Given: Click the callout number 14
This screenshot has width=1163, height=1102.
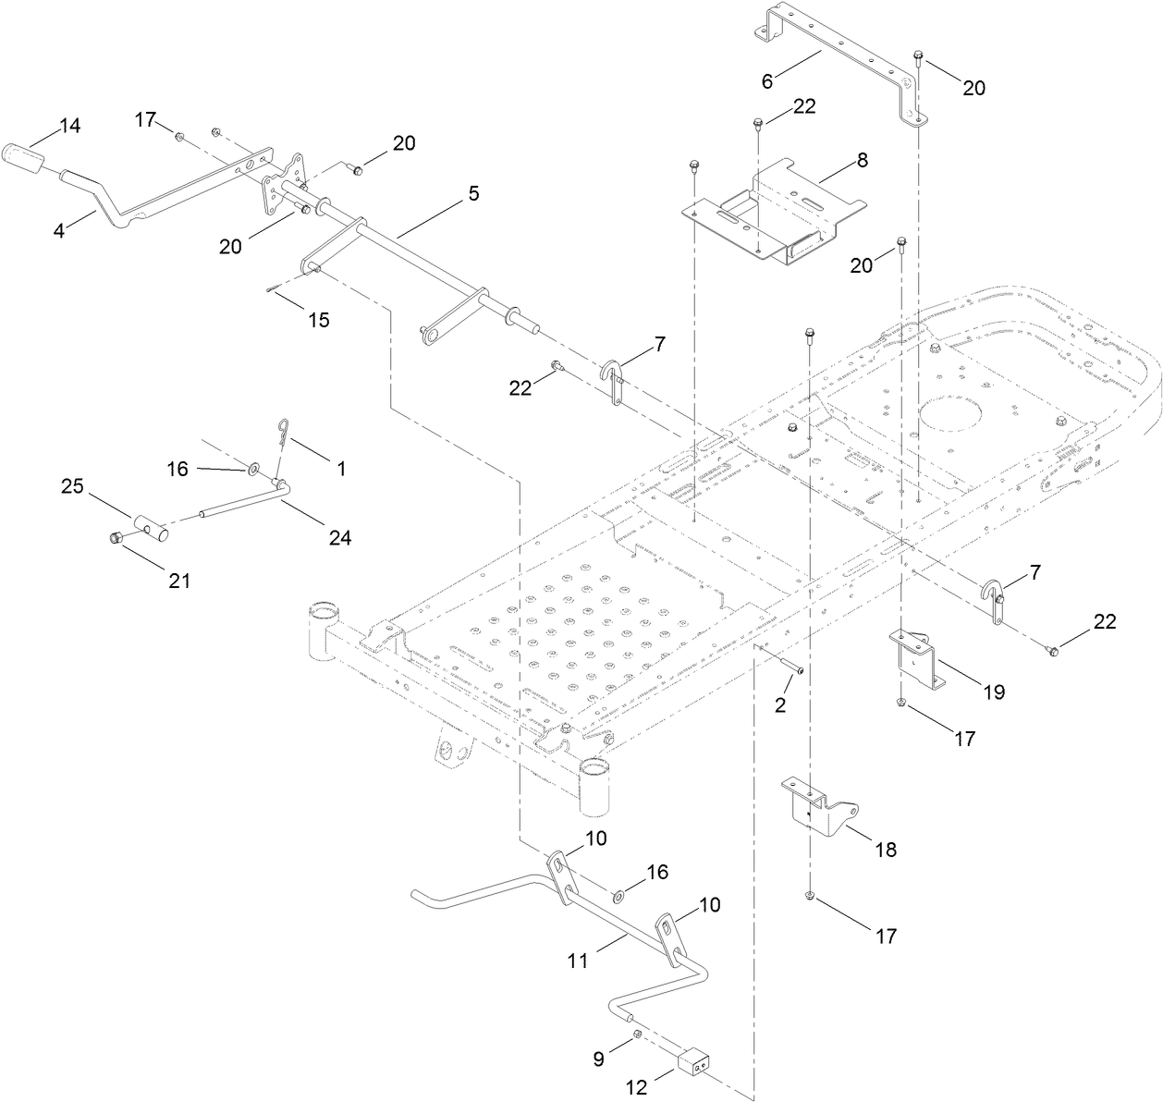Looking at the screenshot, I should [71, 126].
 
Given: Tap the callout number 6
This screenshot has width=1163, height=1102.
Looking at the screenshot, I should [766, 80].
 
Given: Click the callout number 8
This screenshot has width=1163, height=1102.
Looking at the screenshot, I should [862, 159].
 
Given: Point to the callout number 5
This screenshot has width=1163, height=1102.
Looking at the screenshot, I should [473, 193].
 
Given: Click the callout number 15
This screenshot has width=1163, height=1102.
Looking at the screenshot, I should [318, 320].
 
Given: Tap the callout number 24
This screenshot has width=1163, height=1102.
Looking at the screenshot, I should [339, 536].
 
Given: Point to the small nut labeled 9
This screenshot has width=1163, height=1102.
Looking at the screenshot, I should [636, 1033].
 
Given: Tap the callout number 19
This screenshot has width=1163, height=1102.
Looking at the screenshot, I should [993, 692].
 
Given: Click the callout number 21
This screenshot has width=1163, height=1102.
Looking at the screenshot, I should [178, 581].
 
